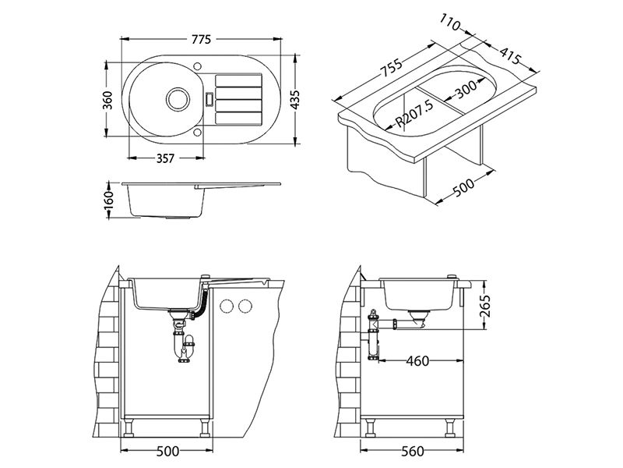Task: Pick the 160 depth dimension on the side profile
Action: click(x=109, y=200)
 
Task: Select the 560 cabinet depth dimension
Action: click(x=414, y=451)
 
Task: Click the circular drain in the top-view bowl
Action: click(x=175, y=99)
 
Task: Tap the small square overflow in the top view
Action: click(x=209, y=99)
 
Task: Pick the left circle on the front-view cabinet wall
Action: click(x=228, y=304)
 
